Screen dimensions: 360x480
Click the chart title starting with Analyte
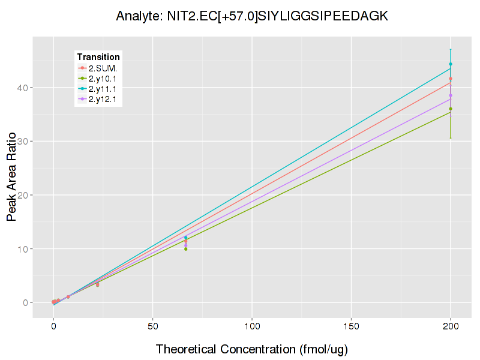[252, 16]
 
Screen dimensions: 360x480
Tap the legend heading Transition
[98, 56]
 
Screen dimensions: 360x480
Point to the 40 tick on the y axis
[22, 88]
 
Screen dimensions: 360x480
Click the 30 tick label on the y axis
[22, 142]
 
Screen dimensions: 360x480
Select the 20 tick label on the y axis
[22, 195]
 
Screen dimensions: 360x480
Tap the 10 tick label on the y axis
[22, 249]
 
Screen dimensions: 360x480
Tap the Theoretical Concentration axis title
[252, 349]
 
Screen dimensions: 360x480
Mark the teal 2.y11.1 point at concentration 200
[451, 64]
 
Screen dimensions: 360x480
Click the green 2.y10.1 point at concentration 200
[451, 109]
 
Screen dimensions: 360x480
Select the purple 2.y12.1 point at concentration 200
[451, 95]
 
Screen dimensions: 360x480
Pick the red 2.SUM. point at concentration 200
[451, 79]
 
